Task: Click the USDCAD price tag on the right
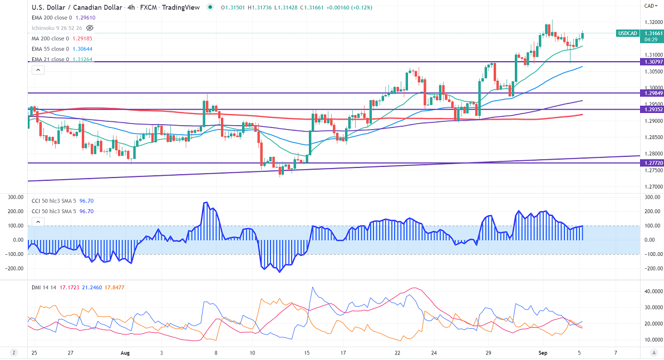pyautogui.click(x=627, y=33)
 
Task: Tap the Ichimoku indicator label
pyautogui.click(x=57, y=28)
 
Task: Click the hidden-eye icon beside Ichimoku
pyautogui.click(x=90, y=28)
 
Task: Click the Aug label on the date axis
pyautogui.click(x=125, y=353)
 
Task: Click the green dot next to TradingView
pyautogui.click(x=209, y=8)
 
